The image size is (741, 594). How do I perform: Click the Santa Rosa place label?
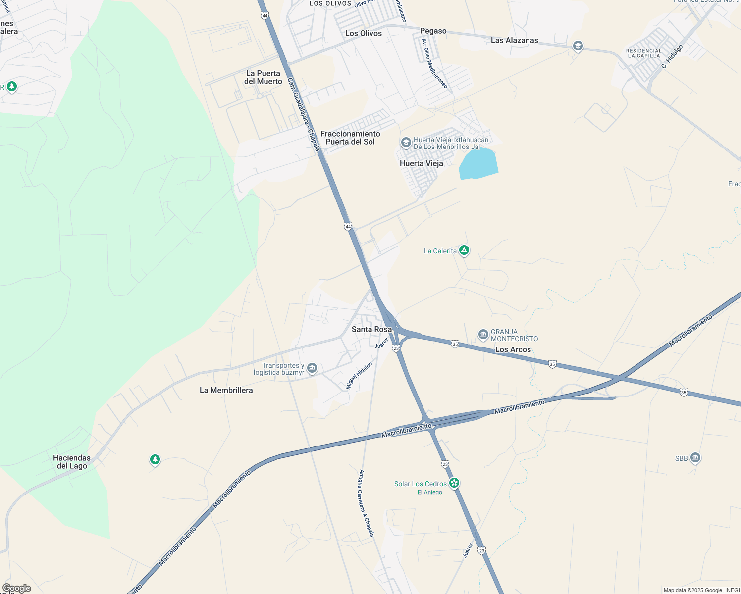(x=371, y=329)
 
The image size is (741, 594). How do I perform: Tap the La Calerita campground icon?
(x=464, y=250)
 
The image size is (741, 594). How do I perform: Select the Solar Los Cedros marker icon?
(x=454, y=483)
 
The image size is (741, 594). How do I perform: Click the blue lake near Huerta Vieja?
(x=478, y=164)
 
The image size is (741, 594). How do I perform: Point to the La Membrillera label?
(x=226, y=390)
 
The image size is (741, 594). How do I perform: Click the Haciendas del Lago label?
(x=72, y=462)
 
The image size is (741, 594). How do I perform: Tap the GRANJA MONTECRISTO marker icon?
(x=483, y=335)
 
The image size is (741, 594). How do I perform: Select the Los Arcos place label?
(x=513, y=349)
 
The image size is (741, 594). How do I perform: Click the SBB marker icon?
(x=695, y=458)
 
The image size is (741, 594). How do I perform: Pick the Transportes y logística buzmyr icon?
(x=312, y=368)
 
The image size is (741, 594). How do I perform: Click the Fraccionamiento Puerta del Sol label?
(x=350, y=138)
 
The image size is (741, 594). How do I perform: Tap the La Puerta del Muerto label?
(x=263, y=77)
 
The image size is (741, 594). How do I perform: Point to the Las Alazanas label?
(x=514, y=40)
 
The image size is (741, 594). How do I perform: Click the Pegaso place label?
(x=433, y=31)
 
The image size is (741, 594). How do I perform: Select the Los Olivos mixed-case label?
(x=363, y=33)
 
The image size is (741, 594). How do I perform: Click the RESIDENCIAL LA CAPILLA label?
(x=643, y=53)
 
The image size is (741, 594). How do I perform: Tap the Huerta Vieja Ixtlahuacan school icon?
(x=406, y=143)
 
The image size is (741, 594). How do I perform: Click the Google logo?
(x=16, y=588)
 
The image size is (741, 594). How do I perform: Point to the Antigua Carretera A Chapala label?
(x=366, y=503)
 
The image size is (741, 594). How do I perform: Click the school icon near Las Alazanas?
(x=577, y=47)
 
